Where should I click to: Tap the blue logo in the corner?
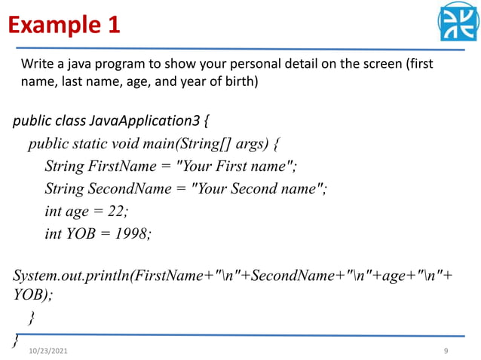point(459,22)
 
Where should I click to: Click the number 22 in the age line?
point(115,212)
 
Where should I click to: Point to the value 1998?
point(132,234)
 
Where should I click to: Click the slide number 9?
point(446,352)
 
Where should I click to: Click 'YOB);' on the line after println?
point(34,295)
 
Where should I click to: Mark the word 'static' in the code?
point(99,143)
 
